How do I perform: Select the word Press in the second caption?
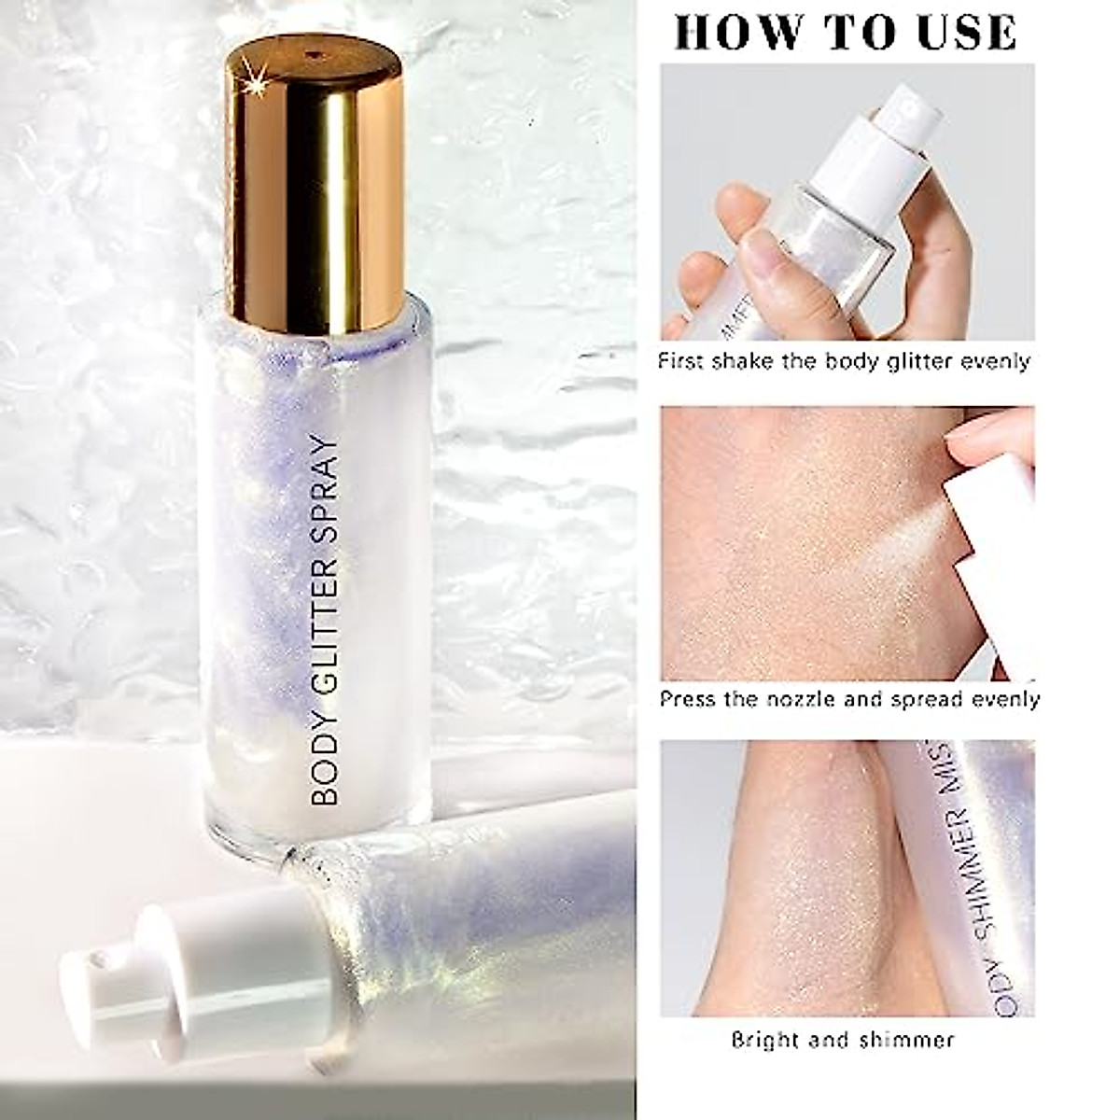coord(689,699)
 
